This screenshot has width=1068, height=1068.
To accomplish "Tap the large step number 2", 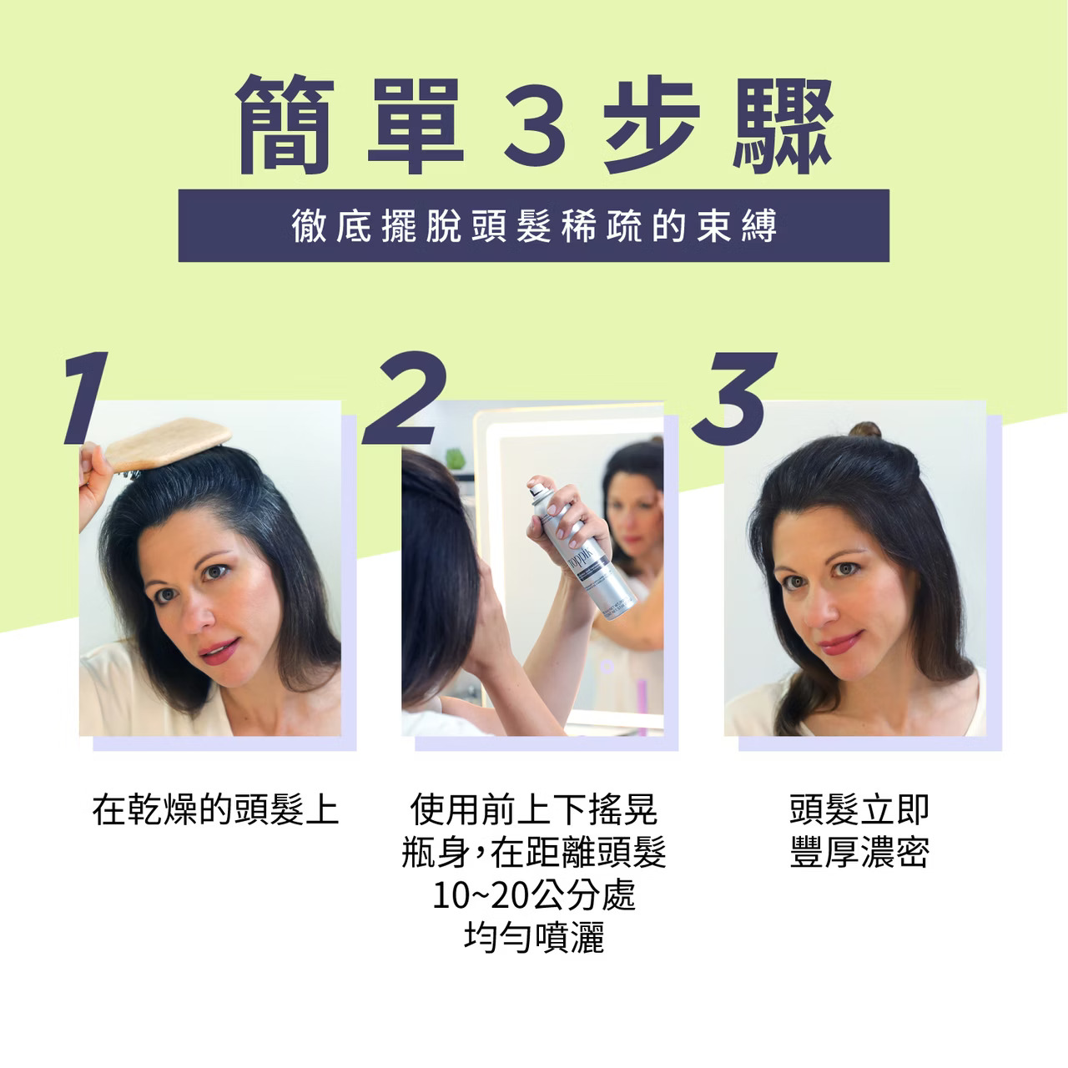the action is (405, 397).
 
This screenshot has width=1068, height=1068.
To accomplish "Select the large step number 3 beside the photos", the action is (733, 399).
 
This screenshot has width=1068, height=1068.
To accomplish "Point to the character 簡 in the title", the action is (285, 124).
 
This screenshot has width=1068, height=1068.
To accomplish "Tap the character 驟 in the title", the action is (783, 124).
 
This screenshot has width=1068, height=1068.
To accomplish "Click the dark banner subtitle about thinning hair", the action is (534, 225).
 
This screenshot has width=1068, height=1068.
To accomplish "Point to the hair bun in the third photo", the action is (864, 430).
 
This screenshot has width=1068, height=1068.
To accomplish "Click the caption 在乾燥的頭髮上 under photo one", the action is (215, 810).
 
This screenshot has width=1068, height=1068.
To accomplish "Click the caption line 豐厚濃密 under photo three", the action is (859, 853).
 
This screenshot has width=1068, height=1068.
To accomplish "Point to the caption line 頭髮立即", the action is (859, 810).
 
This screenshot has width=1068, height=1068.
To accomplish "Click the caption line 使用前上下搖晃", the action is (534, 810).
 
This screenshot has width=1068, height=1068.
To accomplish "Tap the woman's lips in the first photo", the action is (219, 650).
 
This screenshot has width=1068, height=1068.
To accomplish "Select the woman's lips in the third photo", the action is (840, 643).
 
